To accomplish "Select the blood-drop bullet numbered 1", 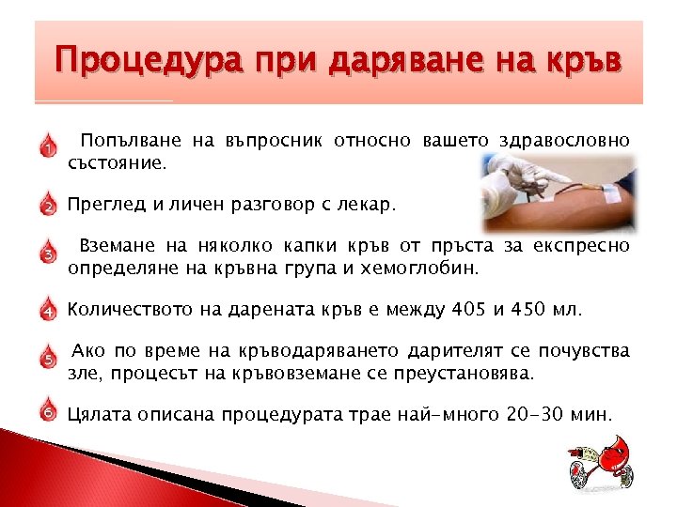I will (x=46, y=147).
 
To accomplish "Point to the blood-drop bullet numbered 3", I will (x=46, y=253).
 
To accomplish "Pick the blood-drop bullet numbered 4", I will (x=46, y=309).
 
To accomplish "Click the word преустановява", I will (x=464, y=374).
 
